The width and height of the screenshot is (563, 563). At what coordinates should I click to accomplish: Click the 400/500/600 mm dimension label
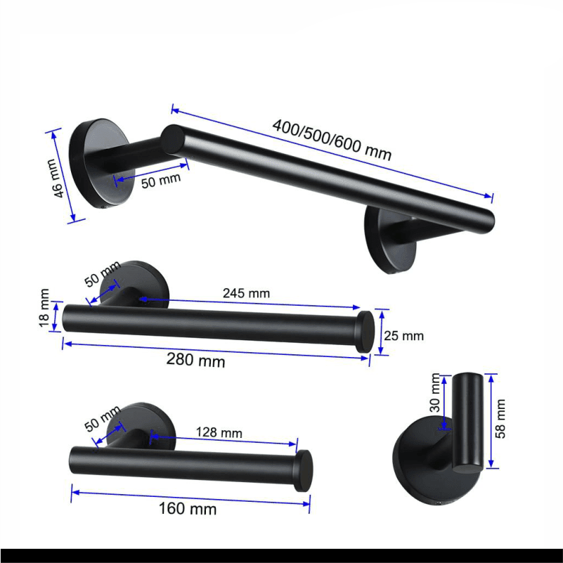click(x=332, y=140)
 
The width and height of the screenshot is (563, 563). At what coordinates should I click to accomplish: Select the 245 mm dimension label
click(x=246, y=293)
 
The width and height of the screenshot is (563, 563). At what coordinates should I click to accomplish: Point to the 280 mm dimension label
click(x=195, y=360)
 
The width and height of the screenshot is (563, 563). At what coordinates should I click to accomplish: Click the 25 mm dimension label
click(x=404, y=336)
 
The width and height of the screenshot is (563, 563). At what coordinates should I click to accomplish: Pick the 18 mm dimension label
click(x=44, y=308)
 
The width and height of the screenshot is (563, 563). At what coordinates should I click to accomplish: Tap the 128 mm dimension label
click(x=219, y=432)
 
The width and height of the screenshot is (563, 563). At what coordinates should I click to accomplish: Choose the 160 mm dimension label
click(x=188, y=508)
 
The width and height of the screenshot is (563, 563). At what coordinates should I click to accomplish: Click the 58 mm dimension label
click(x=500, y=419)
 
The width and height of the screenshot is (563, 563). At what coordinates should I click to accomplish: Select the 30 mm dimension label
click(x=435, y=392)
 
